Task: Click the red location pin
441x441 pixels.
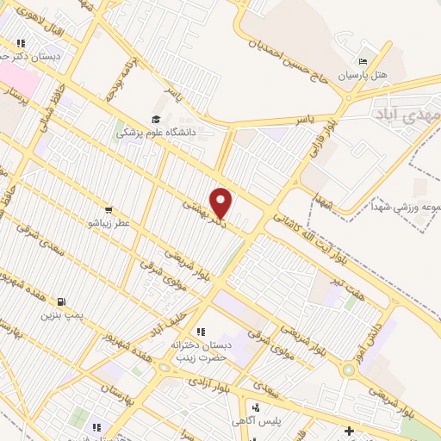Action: point(221,203)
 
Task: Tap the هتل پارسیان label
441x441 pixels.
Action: point(362,76)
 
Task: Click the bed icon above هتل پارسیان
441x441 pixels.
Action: point(362,61)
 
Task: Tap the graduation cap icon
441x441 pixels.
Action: point(156,119)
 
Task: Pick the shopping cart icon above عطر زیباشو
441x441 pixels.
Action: point(109,209)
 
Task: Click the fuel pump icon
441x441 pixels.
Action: point(61,301)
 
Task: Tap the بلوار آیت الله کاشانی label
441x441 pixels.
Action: point(285,219)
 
